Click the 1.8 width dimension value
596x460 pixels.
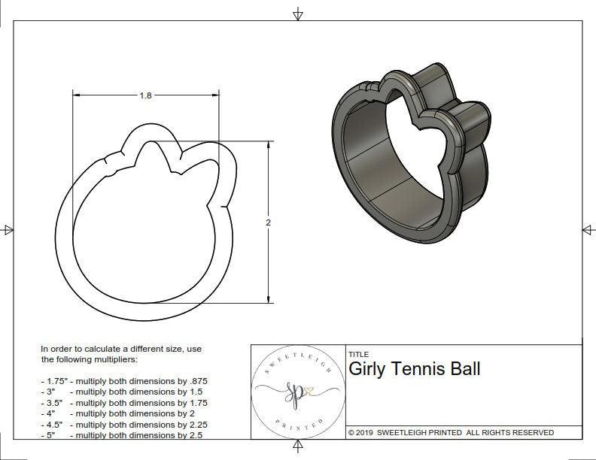146,95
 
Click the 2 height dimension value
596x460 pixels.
269,222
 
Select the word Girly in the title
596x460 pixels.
366,369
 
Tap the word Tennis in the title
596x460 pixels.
415,369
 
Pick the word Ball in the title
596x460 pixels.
463,369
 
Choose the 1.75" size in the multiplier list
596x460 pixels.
55,381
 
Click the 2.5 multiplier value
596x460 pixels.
196,435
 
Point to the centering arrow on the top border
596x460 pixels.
298,14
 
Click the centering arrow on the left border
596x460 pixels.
8,230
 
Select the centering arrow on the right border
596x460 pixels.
588,230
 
